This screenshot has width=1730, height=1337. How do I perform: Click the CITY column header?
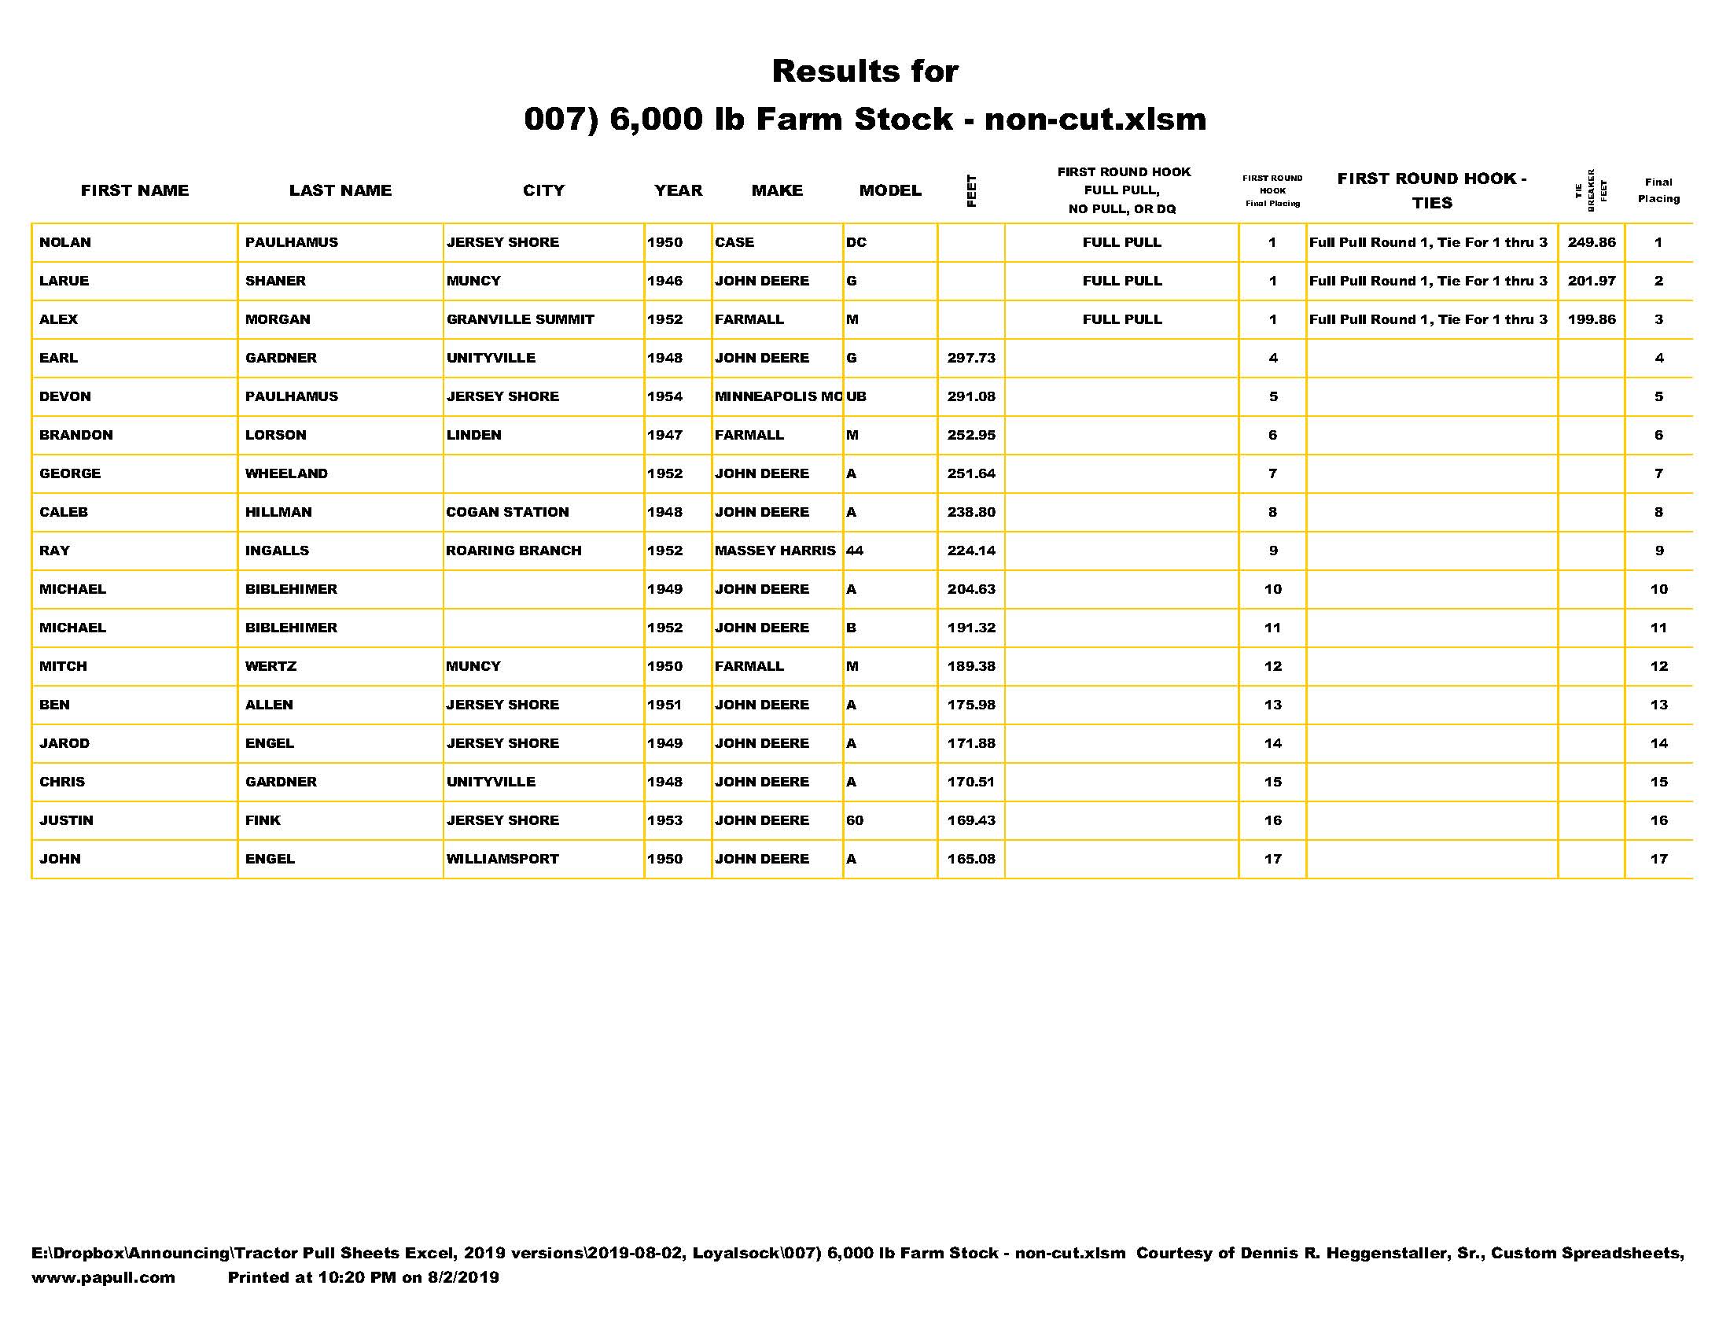(543, 190)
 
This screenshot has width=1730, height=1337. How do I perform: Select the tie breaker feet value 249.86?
(1591, 242)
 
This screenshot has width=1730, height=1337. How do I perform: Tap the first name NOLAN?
(65, 242)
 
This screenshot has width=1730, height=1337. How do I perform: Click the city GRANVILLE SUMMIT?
(520, 319)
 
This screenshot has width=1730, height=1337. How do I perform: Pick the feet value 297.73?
(970, 358)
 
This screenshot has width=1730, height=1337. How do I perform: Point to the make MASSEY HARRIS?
(775, 551)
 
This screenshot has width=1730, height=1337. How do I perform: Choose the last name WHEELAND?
(286, 473)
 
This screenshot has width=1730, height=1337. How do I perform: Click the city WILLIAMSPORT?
(502, 859)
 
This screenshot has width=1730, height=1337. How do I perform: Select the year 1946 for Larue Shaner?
(664, 282)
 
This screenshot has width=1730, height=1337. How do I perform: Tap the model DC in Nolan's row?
(856, 242)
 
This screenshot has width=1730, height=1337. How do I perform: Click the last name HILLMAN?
(278, 512)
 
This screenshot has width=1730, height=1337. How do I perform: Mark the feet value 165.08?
(970, 859)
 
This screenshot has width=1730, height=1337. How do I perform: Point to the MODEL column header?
(889, 190)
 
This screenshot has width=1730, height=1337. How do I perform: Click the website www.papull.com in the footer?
(103, 1276)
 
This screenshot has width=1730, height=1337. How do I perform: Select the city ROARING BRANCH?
(513, 551)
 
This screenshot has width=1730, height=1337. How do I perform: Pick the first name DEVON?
(65, 396)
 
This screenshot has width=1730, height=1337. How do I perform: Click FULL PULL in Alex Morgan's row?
(1121, 319)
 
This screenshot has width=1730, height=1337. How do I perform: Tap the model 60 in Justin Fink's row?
(854, 820)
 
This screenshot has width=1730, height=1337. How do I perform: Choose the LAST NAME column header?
(340, 190)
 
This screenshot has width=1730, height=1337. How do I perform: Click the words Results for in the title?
(864, 72)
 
